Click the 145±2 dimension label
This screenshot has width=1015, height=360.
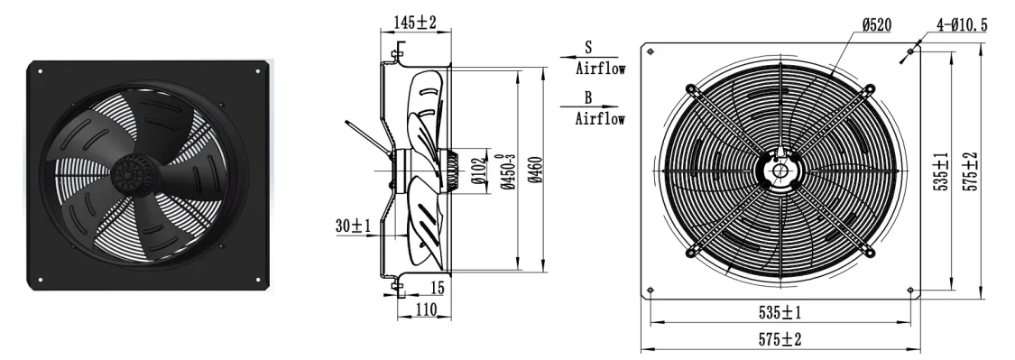416,22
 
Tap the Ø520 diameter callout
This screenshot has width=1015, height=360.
876,25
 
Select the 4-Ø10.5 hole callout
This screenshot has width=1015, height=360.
962,25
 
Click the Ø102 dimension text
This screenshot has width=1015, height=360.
478,171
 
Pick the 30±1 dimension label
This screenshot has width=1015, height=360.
353,226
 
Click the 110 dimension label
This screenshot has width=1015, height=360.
425,310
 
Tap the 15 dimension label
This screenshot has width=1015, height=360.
437,287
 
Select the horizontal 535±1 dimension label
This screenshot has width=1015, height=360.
780,313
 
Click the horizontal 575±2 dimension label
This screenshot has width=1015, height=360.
780,338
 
